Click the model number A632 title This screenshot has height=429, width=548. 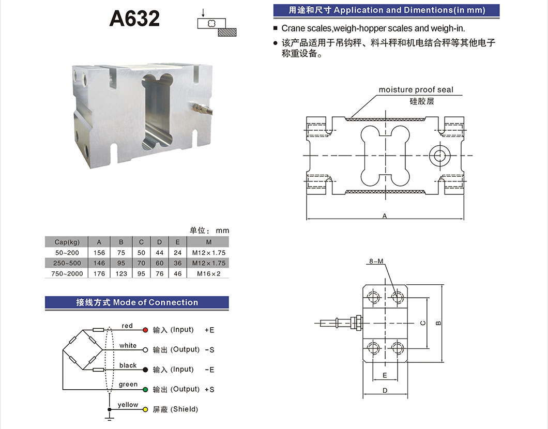(134, 19)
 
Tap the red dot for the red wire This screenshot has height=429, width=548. (145, 330)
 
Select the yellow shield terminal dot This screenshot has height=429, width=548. (145, 409)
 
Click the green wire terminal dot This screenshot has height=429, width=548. (145, 389)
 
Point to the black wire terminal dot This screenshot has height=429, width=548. (145, 370)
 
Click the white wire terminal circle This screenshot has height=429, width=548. (145, 350)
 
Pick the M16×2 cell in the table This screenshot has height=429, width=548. (208, 273)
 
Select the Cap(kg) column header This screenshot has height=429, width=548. (67, 242)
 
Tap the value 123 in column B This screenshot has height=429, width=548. (121, 273)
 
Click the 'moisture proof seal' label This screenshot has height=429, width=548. (416, 90)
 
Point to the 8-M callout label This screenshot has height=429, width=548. (376, 262)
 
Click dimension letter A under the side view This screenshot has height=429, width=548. (385, 216)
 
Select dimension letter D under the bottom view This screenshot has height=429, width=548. (385, 391)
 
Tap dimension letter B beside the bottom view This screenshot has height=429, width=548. (438, 323)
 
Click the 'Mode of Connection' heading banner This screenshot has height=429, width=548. (137, 302)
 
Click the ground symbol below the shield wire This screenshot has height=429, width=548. (110, 412)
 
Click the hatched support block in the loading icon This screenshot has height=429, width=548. (227, 32)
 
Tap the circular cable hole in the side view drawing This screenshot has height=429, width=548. (440, 155)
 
